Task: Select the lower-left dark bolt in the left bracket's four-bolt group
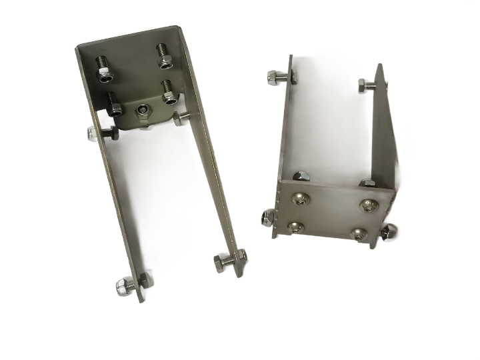click(x=113, y=104)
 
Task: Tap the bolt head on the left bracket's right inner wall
click(x=181, y=118)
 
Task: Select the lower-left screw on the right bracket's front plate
click(x=293, y=227)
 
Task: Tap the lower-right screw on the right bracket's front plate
click(x=359, y=235)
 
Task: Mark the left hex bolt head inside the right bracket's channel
click(x=301, y=176)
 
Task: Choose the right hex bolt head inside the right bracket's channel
click(x=365, y=183)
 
